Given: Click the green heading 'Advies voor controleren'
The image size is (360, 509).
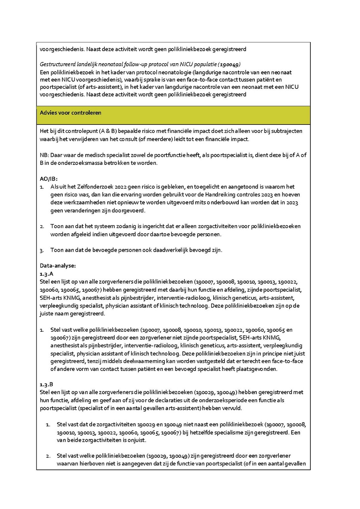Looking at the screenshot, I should point(70,113).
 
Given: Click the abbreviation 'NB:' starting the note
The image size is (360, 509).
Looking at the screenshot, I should point(44,155).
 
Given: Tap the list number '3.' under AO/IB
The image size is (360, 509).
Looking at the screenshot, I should point(42,250).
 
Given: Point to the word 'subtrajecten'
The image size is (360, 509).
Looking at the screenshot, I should point(287,131).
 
